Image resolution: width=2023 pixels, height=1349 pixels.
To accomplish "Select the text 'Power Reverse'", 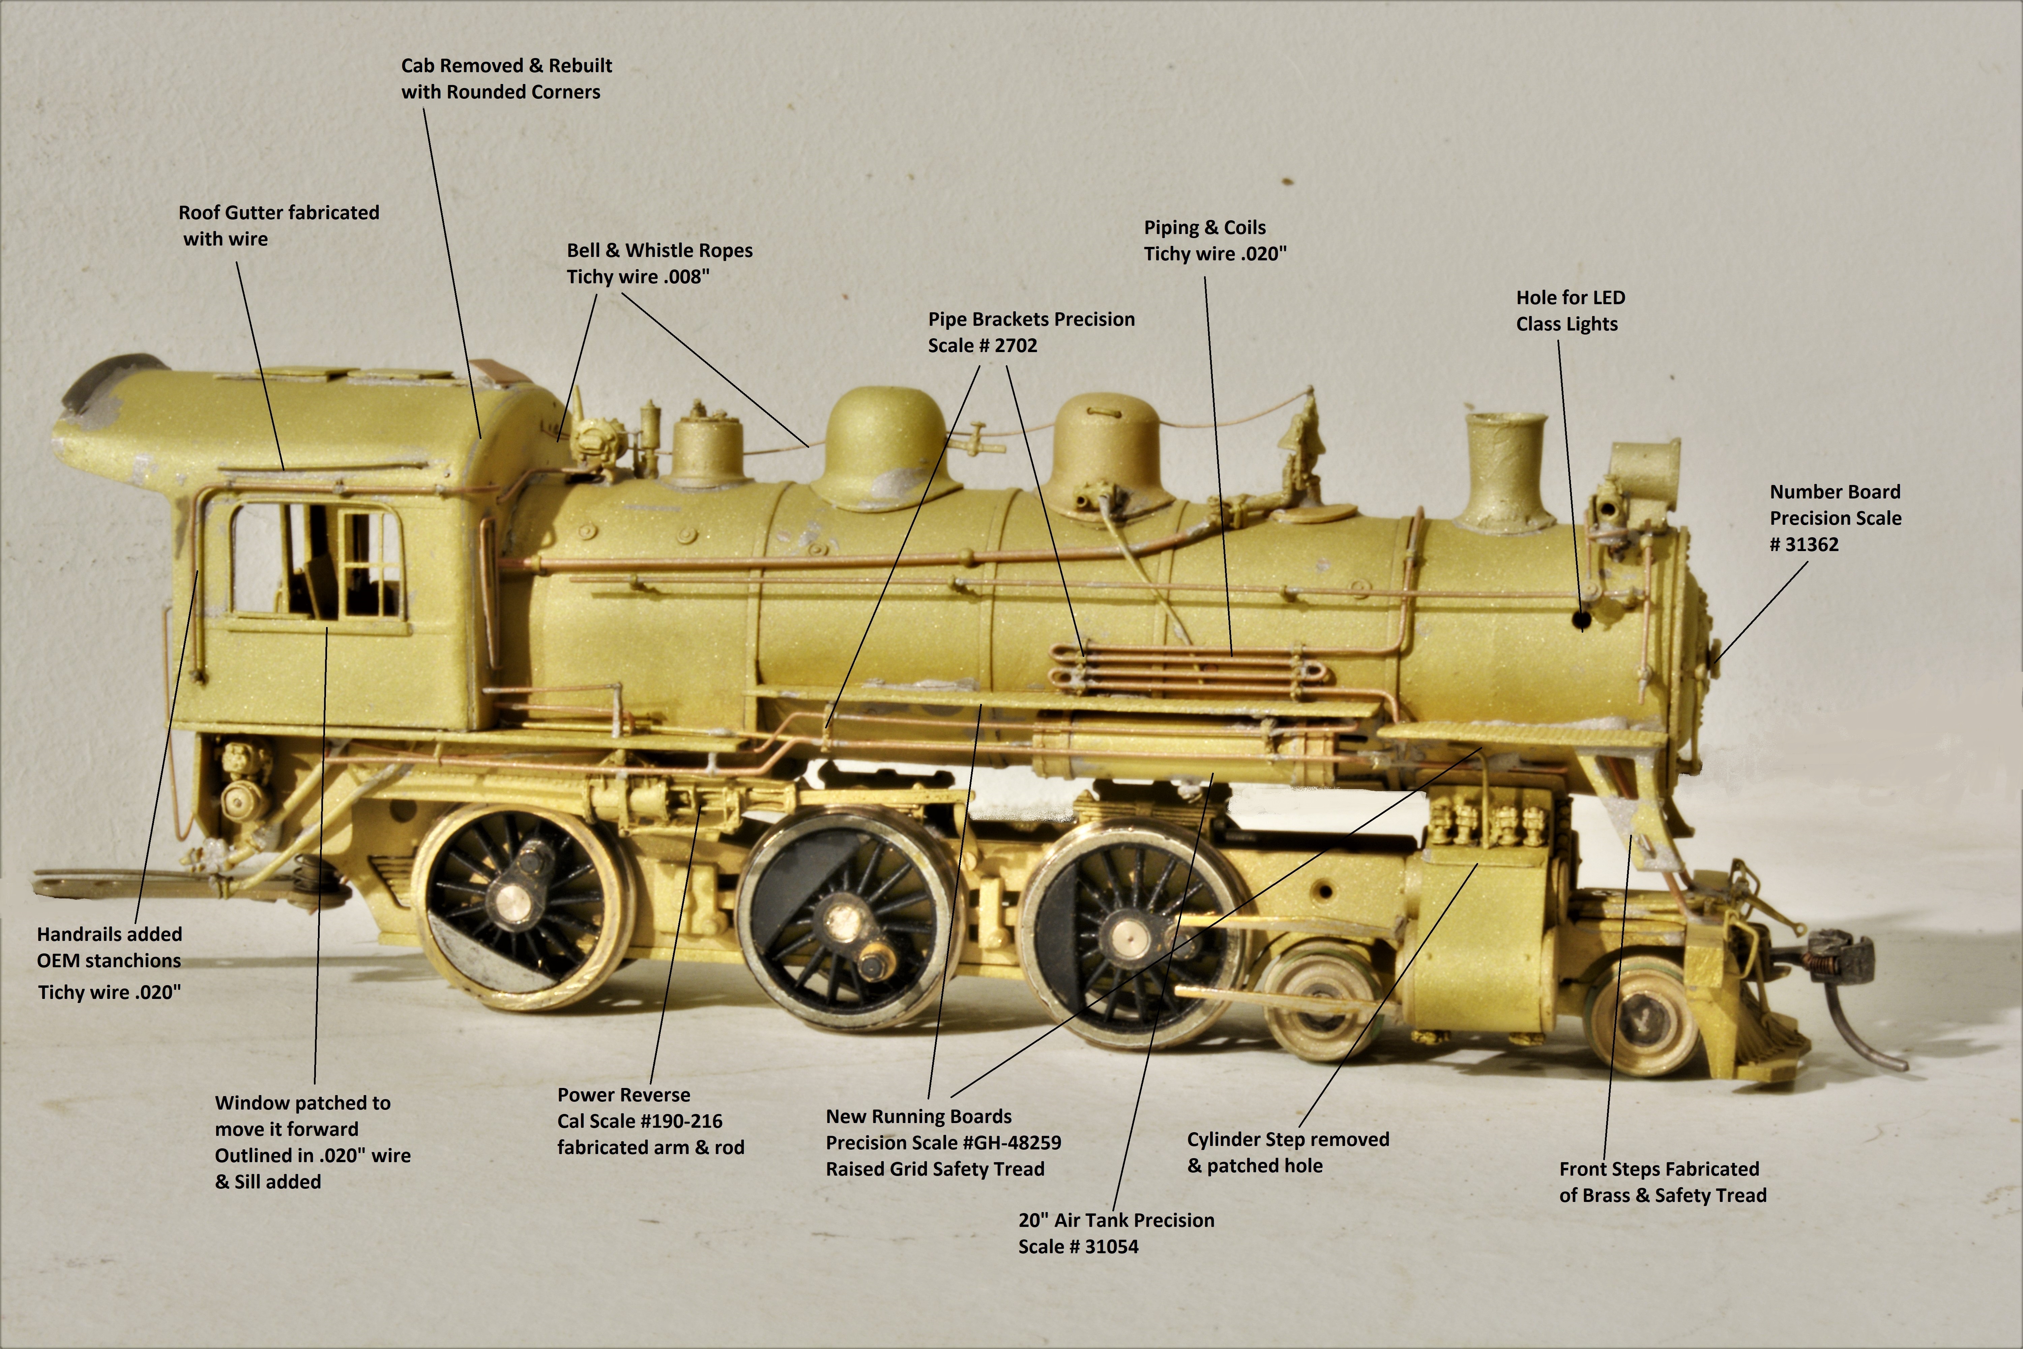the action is click(623, 1094).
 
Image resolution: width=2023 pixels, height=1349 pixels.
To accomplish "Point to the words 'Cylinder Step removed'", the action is click(1288, 1139).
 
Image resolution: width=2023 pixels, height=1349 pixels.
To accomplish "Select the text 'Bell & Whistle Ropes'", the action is click(659, 250).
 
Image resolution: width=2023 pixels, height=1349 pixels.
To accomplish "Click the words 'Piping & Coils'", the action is click(1204, 227).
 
